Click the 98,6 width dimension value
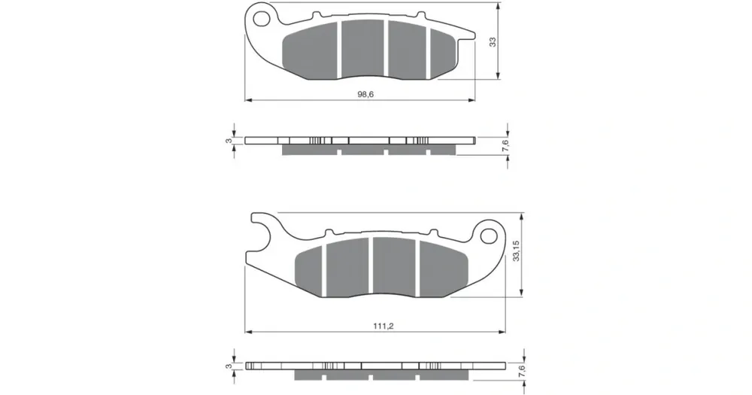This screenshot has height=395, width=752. click(365, 94)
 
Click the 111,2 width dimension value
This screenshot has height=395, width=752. click(384, 326)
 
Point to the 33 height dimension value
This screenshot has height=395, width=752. click(493, 41)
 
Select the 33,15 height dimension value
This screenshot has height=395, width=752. click(517, 251)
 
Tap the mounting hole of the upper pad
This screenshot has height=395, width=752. click(262, 18)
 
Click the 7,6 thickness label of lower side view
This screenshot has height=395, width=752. click(522, 370)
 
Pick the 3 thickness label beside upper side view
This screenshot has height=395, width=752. click(229, 141)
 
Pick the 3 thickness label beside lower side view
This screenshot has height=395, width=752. click(229, 366)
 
